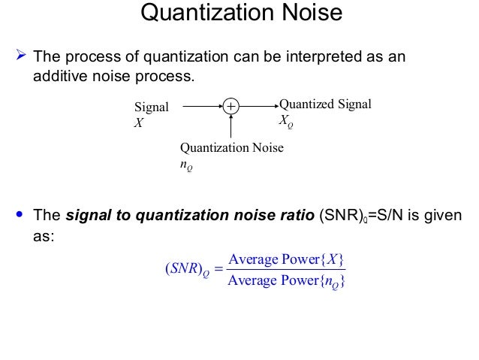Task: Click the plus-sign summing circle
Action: (x=230, y=107)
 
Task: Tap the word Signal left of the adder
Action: (x=151, y=107)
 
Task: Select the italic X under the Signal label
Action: (x=137, y=122)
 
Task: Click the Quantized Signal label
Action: (x=325, y=104)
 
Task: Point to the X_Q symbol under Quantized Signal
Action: (x=286, y=119)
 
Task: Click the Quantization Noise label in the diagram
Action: (x=232, y=147)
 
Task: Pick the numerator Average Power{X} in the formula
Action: (x=286, y=260)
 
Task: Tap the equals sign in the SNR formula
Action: (x=214, y=271)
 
